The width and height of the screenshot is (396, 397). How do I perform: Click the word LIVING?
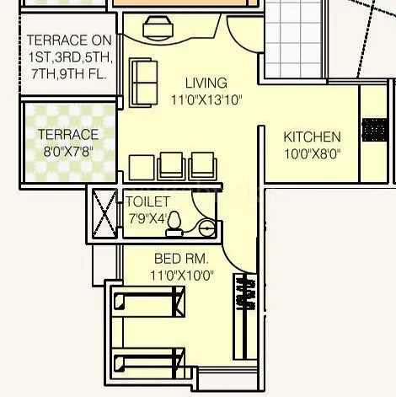[x=206, y=83]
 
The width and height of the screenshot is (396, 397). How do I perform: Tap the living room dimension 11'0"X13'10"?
[x=206, y=99]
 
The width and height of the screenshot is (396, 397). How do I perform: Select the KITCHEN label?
[x=312, y=137]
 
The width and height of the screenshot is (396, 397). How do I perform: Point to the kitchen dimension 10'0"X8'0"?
[x=312, y=153]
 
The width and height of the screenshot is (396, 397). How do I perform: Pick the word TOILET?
[x=147, y=202]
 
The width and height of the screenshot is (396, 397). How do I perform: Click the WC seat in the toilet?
[x=174, y=222]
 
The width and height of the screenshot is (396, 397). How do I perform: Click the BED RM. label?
[x=181, y=258]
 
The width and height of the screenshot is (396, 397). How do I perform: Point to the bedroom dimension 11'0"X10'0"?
[x=181, y=274]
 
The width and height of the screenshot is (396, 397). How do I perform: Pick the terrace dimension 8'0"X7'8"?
[x=67, y=151]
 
